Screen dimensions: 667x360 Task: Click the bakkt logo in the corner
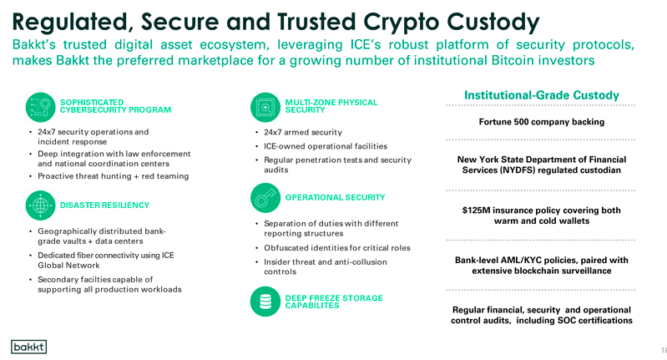(x=28, y=347)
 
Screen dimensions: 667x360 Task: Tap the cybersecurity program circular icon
(x=40, y=107)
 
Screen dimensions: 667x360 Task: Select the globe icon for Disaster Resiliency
(x=40, y=205)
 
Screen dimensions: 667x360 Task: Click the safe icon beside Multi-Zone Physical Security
(x=265, y=107)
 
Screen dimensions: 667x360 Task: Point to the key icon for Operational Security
(x=265, y=198)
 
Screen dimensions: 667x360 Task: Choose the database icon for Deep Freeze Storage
(x=265, y=302)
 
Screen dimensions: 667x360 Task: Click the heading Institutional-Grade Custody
(x=542, y=95)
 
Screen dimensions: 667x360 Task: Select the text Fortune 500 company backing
(x=542, y=122)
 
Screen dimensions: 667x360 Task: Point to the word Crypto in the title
(x=402, y=22)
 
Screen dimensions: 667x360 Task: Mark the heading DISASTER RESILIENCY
(x=104, y=205)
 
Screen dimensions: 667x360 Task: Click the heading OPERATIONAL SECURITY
(x=336, y=198)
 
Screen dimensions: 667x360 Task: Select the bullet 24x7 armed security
(x=303, y=132)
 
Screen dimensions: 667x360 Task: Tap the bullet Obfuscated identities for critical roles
(x=337, y=248)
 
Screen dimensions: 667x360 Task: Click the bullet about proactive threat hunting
(x=114, y=176)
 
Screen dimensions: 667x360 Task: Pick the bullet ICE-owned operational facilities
(x=326, y=146)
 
